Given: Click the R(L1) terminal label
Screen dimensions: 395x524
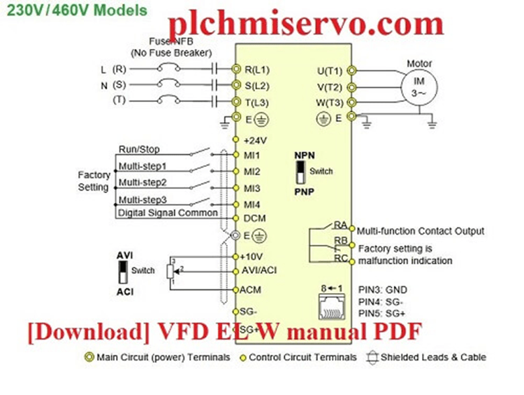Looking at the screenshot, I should pyautogui.click(x=258, y=69).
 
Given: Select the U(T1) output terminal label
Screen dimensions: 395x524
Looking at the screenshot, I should pyautogui.click(x=329, y=71).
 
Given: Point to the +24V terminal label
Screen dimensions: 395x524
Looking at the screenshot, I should pyautogui.click(x=256, y=140).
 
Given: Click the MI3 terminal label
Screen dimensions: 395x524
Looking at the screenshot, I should pyautogui.click(x=252, y=188).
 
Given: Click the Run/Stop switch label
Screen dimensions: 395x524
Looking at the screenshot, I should pyautogui.click(x=139, y=150).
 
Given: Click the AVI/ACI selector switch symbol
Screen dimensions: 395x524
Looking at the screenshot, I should pyautogui.click(x=123, y=272).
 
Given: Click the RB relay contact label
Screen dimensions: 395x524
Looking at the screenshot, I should pyautogui.click(x=340, y=241).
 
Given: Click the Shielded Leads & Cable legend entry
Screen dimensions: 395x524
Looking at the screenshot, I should pyautogui.click(x=431, y=357).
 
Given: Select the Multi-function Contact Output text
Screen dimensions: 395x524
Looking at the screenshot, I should pyautogui.click(x=421, y=231).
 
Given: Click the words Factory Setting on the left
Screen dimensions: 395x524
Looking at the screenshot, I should pyautogui.click(x=93, y=181).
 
